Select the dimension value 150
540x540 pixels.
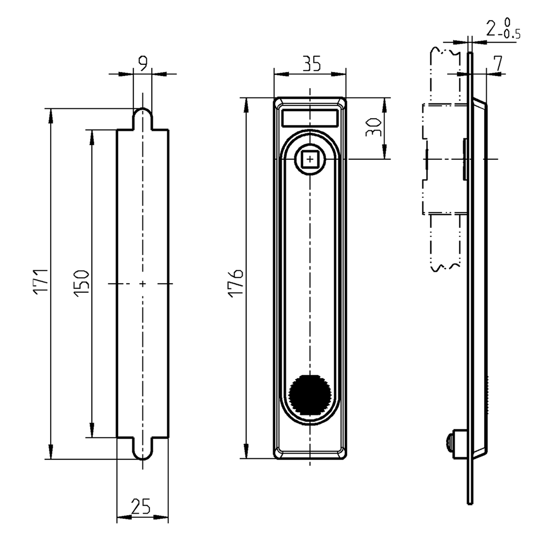click(x=81, y=283)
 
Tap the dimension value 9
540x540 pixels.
click(x=142, y=64)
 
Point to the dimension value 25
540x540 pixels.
click(x=140, y=507)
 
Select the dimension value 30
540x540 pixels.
click(x=373, y=128)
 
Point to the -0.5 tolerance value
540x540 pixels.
click(x=510, y=35)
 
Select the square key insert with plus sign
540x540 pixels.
click(x=310, y=159)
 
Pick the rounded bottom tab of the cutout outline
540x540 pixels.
click(x=142, y=450)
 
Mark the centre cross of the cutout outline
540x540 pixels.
click(x=142, y=284)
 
